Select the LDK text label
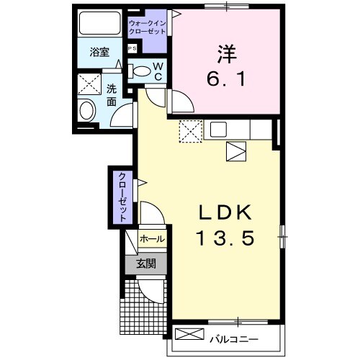225,212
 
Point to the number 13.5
225,238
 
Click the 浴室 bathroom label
99,53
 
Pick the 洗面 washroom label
112,96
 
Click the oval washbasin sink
88,112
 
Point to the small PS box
132,48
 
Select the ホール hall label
150,238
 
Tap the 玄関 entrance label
146,264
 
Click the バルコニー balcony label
234,336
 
